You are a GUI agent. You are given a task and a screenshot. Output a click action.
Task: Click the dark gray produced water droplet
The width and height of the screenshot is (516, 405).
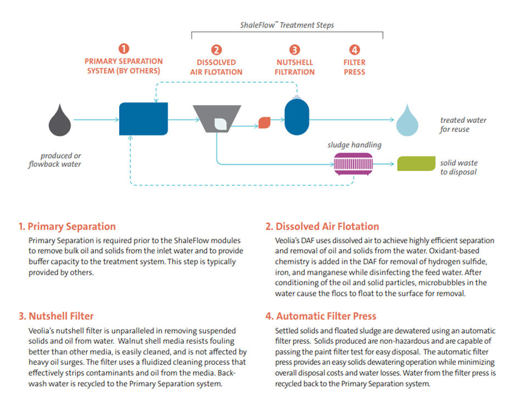(x=60, y=122)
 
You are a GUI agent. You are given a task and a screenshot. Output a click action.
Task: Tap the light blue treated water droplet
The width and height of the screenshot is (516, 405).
(x=407, y=122)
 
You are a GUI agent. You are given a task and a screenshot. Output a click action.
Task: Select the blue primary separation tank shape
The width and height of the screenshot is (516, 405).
(x=143, y=119)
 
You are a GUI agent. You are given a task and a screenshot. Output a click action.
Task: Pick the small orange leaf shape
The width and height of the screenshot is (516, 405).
(x=265, y=123)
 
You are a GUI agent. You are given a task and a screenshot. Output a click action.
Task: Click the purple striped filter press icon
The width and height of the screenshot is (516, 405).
(x=354, y=164)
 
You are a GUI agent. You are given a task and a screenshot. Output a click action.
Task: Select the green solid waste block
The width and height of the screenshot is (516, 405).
(x=416, y=164)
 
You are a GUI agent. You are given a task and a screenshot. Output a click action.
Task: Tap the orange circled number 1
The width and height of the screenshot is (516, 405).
(x=124, y=49)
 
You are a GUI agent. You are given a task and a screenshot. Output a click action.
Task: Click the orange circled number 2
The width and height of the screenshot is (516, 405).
(x=216, y=50)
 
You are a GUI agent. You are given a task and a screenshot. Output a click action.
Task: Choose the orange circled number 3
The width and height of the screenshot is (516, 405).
(x=295, y=50)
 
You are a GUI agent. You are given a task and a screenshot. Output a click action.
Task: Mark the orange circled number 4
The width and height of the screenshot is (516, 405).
(x=355, y=50)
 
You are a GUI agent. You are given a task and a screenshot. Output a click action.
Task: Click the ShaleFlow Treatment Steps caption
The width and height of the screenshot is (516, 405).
(x=287, y=25)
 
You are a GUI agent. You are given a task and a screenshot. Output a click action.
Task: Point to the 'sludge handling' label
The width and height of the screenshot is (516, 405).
(x=355, y=145)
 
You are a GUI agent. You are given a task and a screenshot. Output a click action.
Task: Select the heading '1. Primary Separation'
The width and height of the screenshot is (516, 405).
(x=67, y=226)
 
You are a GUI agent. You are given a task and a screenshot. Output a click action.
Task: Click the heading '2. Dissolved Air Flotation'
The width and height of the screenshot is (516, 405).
(x=322, y=226)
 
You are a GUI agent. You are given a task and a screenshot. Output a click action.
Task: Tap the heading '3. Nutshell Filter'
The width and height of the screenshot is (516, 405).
(x=57, y=316)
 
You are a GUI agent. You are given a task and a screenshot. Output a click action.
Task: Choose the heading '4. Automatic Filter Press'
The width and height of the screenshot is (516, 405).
(x=321, y=316)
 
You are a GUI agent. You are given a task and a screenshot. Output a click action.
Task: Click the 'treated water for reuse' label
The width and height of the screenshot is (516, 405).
(x=463, y=125)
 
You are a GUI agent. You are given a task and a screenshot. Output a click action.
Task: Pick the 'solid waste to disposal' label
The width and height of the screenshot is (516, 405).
(x=459, y=167)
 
